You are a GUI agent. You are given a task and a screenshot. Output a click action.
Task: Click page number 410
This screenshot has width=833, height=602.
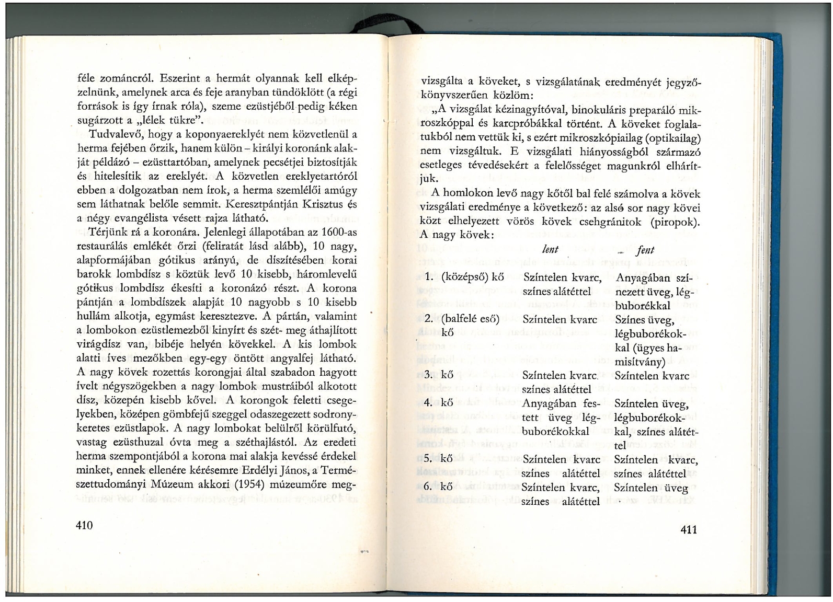tap(84, 525)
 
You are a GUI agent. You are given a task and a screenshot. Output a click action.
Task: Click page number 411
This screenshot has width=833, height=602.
tap(689, 530)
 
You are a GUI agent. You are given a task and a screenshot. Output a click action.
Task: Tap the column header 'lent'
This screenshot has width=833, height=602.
tap(550, 250)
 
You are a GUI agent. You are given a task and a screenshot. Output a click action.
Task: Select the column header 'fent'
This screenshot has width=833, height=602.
tap(646, 250)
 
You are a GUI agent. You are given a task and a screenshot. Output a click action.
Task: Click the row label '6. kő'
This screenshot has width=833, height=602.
tap(438, 487)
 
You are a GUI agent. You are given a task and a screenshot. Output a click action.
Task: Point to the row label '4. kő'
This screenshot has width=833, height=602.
tap(438, 403)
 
